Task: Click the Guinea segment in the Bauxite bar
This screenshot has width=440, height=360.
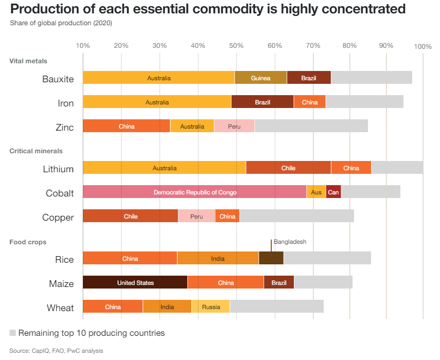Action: tap(260, 78)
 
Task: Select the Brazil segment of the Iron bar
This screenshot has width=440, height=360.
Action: tap(262, 102)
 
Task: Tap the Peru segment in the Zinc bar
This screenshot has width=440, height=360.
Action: tap(234, 126)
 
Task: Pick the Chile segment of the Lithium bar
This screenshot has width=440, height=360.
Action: tap(288, 168)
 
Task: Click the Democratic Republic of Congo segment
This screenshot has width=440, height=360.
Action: tap(195, 192)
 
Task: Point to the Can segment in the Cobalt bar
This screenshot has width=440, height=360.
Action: tap(333, 192)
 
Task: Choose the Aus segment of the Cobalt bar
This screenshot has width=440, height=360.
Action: tap(316, 192)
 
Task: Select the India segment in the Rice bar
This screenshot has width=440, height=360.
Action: tap(218, 258)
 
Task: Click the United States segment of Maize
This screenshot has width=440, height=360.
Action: tap(135, 282)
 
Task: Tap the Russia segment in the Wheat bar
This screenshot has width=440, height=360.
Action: tap(211, 307)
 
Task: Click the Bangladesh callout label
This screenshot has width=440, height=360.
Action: tap(290, 242)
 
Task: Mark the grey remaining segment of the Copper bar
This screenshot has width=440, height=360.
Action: tap(296, 216)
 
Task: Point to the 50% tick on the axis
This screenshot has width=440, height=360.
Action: tap(236, 46)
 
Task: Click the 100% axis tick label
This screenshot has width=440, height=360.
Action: tap(423, 46)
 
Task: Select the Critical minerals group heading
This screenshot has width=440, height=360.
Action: tap(36, 151)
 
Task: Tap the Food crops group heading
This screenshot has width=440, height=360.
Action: tap(28, 242)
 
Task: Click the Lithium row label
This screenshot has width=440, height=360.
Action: tap(58, 169)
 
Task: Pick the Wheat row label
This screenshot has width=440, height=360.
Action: tap(60, 308)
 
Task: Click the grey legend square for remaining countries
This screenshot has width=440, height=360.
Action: tap(13, 333)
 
